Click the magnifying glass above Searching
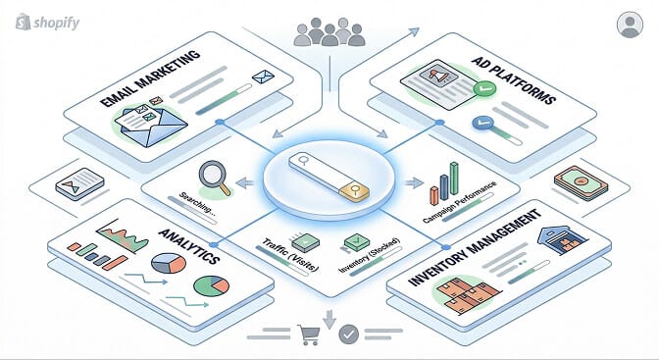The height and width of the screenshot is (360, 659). (x=214, y=175)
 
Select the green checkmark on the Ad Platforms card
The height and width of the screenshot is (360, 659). (x=482, y=89)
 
